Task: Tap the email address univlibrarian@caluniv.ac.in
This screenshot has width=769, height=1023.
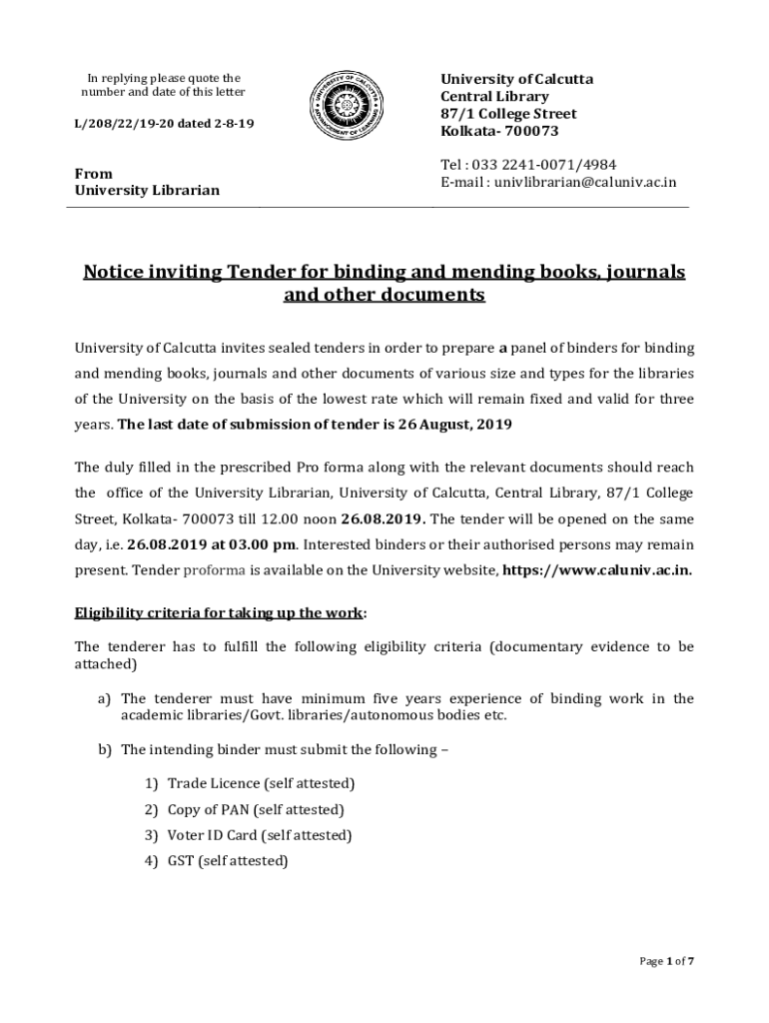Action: [x=580, y=182]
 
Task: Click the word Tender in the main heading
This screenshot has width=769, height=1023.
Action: [x=259, y=272]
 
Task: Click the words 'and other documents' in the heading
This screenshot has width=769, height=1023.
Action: [x=384, y=296]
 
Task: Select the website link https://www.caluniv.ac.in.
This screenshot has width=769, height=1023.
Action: [x=595, y=571]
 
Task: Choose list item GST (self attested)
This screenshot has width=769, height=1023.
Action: [x=228, y=860]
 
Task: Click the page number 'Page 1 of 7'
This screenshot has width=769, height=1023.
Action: [x=667, y=961]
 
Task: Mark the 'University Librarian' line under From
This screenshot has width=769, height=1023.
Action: [x=147, y=190]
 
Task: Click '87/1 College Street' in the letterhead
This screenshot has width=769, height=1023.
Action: [x=509, y=114]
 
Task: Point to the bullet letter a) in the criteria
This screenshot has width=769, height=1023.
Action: [x=104, y=698]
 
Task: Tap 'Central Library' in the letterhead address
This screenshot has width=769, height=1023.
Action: [x=495, y=96]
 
